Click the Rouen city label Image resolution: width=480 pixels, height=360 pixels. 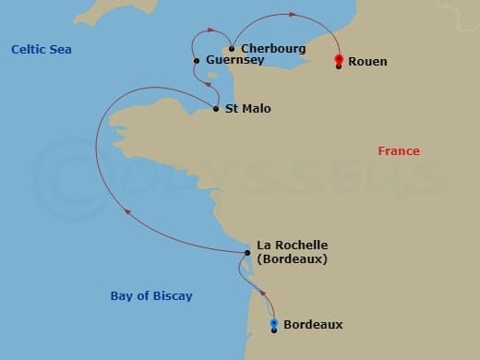pyautogui.click(x=368, y=62)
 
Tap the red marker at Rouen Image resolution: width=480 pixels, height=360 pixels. pyautogui.click(x=340, y=61)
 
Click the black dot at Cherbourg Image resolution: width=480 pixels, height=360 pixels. pyautogui.click(x=231, y=49)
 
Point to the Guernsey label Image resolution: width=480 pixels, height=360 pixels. pyautogui.click(x=235, y=61)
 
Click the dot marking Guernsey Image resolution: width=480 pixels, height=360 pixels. pyautogui.click(x=197, y=61)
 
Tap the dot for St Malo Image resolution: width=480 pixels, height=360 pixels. pyautogui.click(x=216, y=109)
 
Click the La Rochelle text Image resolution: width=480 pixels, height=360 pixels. pyautogui.click(x=292, y=246)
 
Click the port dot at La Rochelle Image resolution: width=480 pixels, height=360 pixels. pyautogui.click(x=246, y=253)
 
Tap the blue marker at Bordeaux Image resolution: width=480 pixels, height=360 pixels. pyautogui.click(x=274, y=323)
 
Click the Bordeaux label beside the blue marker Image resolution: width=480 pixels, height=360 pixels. pyautogui.click(x=313, y=325)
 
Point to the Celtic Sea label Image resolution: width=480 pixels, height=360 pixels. pyautogui.click(x=42, y=49)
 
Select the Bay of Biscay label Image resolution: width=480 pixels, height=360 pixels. pyautogui.click(x=151, y=296)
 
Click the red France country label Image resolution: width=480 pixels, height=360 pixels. pyautogui.click(x=399, y=151)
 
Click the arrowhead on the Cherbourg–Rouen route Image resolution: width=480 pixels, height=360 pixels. pyautogui.click(x=293, y=15)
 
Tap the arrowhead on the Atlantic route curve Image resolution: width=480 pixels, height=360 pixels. pyautogui.click(x=128, y=213)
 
